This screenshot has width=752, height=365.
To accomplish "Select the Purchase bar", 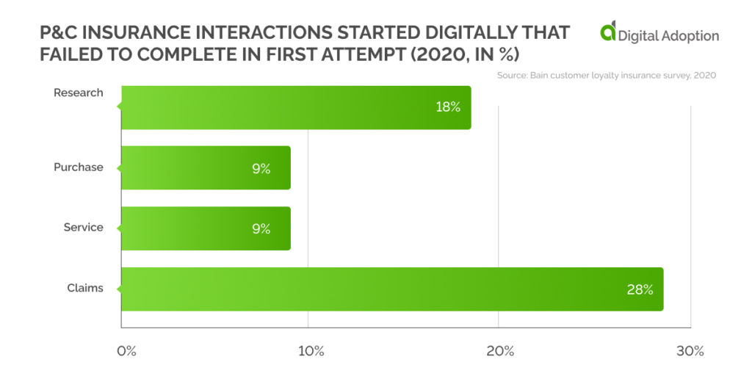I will tap(206, 168).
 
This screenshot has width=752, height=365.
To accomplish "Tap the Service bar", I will tap(206, 228).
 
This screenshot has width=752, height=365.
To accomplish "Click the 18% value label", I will tap(447, 107).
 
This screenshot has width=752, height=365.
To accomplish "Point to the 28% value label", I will tap(640, 289).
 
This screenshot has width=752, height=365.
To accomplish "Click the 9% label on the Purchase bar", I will tap(261, 169).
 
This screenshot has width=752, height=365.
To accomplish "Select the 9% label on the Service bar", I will tap(261, 229).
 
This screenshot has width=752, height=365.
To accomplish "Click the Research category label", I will tap(79, 93).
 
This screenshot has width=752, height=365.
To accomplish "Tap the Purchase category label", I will tap(79, 167).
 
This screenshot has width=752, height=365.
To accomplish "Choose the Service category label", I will tap(83, 228).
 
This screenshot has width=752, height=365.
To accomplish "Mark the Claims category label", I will tap(85, 288).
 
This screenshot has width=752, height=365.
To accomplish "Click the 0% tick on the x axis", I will tap(127, 350).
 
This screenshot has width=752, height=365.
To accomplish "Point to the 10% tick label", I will tap(311, 350).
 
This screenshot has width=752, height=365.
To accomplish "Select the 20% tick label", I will tap(501, 350).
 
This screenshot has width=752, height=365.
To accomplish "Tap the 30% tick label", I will tap(690, 350).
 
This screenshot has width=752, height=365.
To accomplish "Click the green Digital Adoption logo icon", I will tap(608, 32).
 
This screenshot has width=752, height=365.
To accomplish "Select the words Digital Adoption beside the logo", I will tap(668, 35).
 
